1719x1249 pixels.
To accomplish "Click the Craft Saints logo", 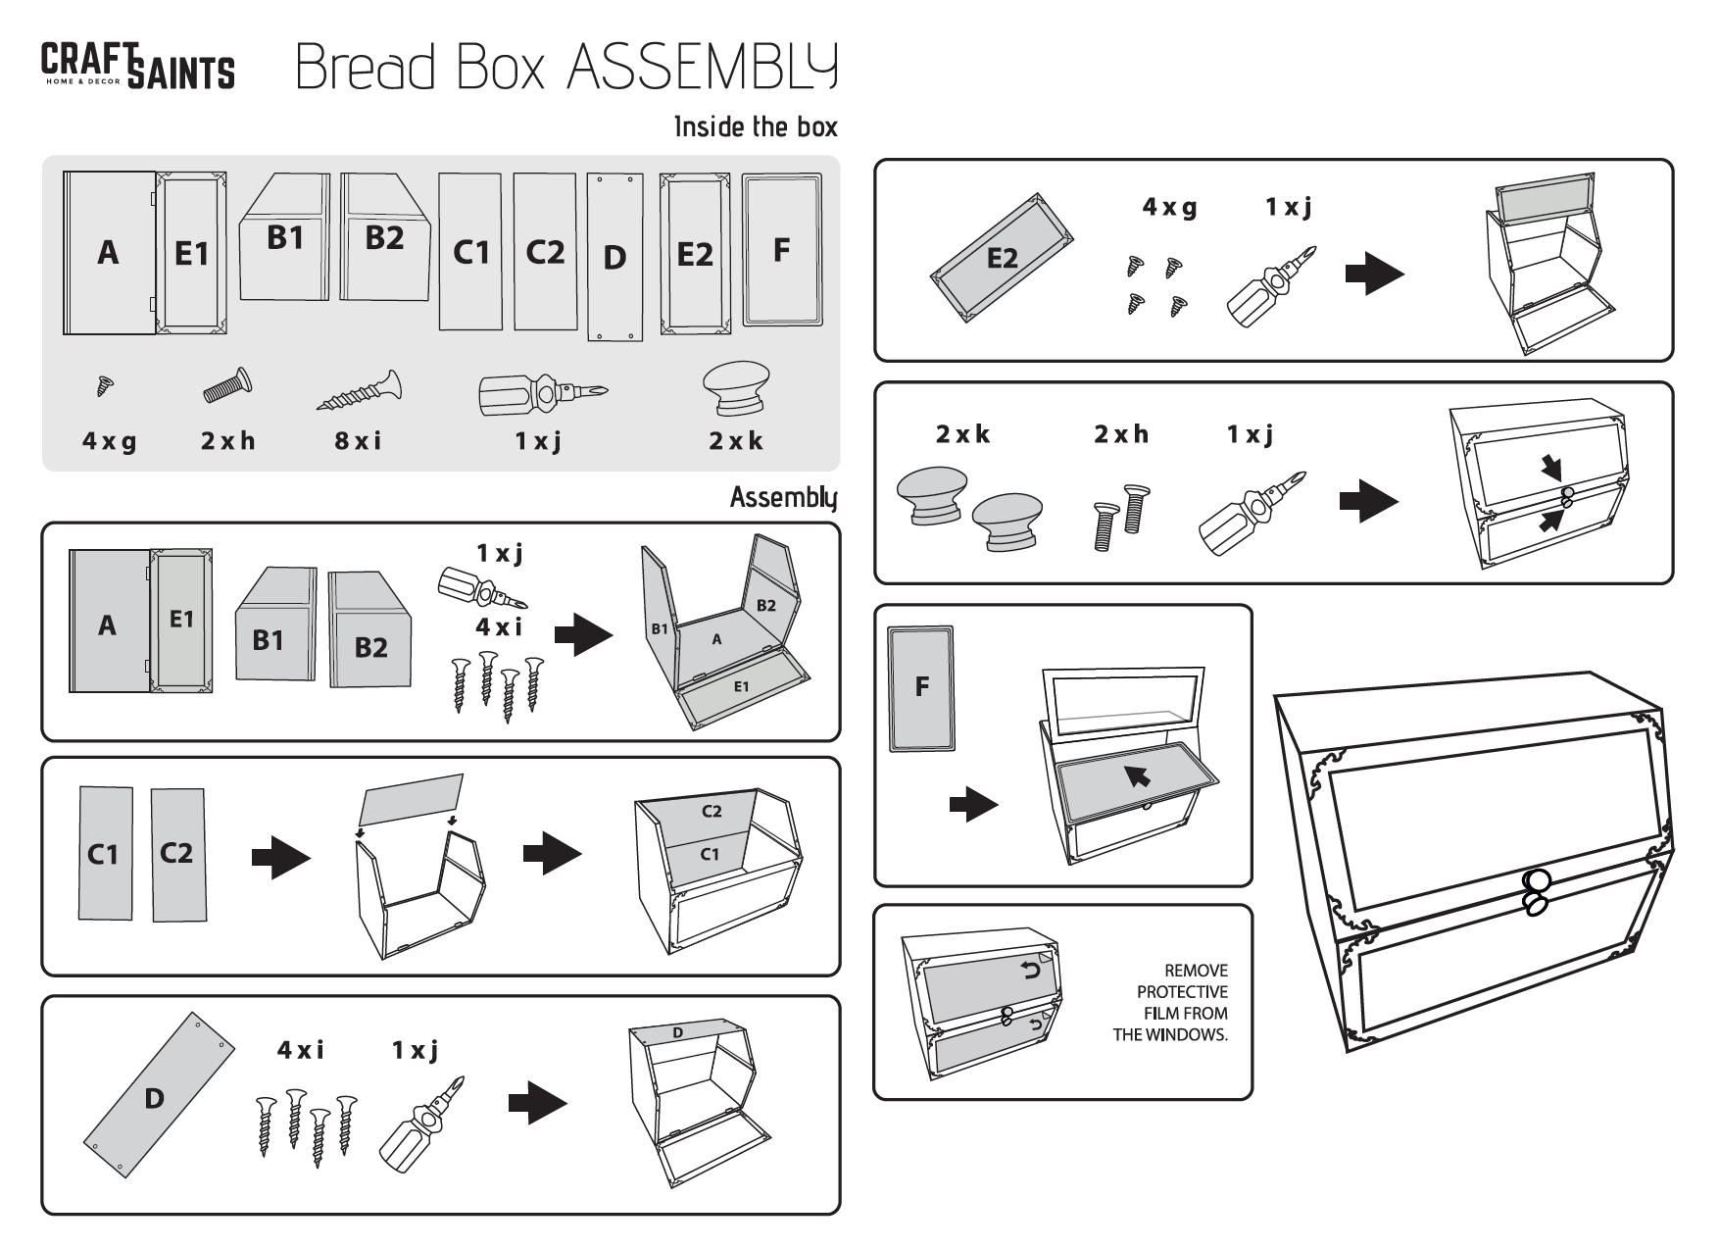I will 137,66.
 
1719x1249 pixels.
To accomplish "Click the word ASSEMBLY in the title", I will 702,67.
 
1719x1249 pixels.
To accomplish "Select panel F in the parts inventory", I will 781,250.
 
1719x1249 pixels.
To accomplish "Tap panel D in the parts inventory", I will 614,257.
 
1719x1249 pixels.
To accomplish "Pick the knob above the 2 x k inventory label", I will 735,389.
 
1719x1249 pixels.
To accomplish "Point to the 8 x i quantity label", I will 358,441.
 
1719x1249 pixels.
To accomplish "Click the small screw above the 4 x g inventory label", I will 104,387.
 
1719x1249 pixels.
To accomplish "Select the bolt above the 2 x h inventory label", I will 227,387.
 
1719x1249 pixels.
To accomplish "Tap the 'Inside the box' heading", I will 756,126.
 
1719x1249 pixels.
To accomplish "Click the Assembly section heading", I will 783,497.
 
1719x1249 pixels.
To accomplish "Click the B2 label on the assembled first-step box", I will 765,606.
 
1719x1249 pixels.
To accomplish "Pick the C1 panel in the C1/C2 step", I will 105,854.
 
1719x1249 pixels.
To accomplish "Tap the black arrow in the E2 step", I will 1374,274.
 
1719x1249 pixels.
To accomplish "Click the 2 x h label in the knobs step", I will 1121,434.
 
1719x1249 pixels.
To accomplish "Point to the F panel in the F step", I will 921,688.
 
